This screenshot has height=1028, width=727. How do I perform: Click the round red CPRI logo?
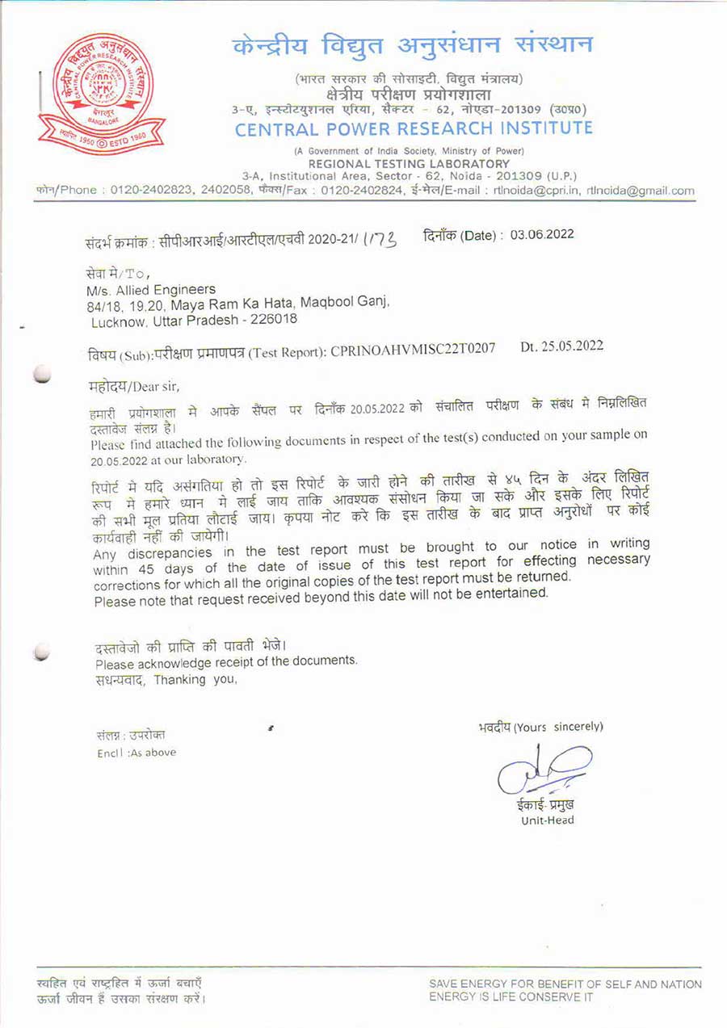pyautogui.click(x=102, y=94)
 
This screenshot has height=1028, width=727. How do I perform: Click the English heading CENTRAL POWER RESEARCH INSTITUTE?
pyautogui.click(x=414, y=128)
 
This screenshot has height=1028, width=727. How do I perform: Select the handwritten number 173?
pyautogui.click(x=378, y=239)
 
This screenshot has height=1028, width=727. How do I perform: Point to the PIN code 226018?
pyautogui.click(x=271, y=319)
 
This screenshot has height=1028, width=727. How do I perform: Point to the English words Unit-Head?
pyautogui.click(x=548, y=820)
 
